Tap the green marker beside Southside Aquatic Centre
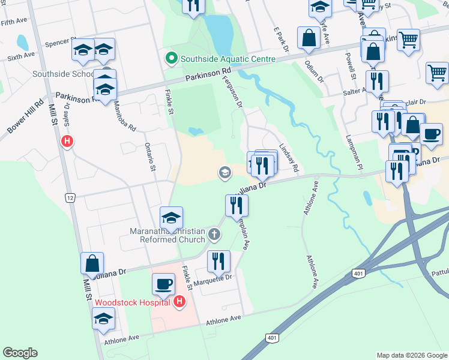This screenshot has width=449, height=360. point(171,59)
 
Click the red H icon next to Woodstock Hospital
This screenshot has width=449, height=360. point(179,301)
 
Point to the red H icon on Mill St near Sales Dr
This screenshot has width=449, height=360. point(67,142)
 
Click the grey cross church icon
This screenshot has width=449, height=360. point(214,234)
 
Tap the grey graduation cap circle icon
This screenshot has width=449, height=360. point(225,173)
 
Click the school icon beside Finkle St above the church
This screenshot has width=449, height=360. point(171,218)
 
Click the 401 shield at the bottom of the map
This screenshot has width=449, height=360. point(272,338)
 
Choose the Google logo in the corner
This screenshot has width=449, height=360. point(20,353)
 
